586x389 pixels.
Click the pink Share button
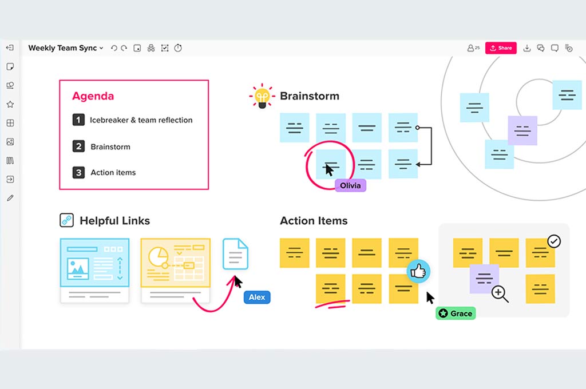pos(501,48)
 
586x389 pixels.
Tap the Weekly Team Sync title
pos(62,48)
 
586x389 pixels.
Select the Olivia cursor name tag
pos(351,185)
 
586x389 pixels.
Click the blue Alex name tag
pos(257,297)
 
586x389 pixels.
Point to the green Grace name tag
pos(456,313)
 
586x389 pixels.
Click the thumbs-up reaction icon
pos(418,271)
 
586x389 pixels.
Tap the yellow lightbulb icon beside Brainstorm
pos(262,96)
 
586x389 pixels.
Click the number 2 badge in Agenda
pos(78,146)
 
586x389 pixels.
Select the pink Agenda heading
pos(93,96)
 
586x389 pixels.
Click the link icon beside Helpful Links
pos(67,220)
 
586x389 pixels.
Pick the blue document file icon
pos(235,254)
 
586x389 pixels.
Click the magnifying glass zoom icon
pos(500,293)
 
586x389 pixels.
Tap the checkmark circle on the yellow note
pos(554,241)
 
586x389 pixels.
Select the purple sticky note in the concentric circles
pos(522,130)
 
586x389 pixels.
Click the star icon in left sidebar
pos(10,104)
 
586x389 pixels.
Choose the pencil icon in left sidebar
pos(10,198)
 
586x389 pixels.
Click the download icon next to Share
pos(527,48)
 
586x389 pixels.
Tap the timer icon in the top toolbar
pos(178,48)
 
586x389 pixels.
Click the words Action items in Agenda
pos(113,172)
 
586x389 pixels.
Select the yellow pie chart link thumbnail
pos(176,270)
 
